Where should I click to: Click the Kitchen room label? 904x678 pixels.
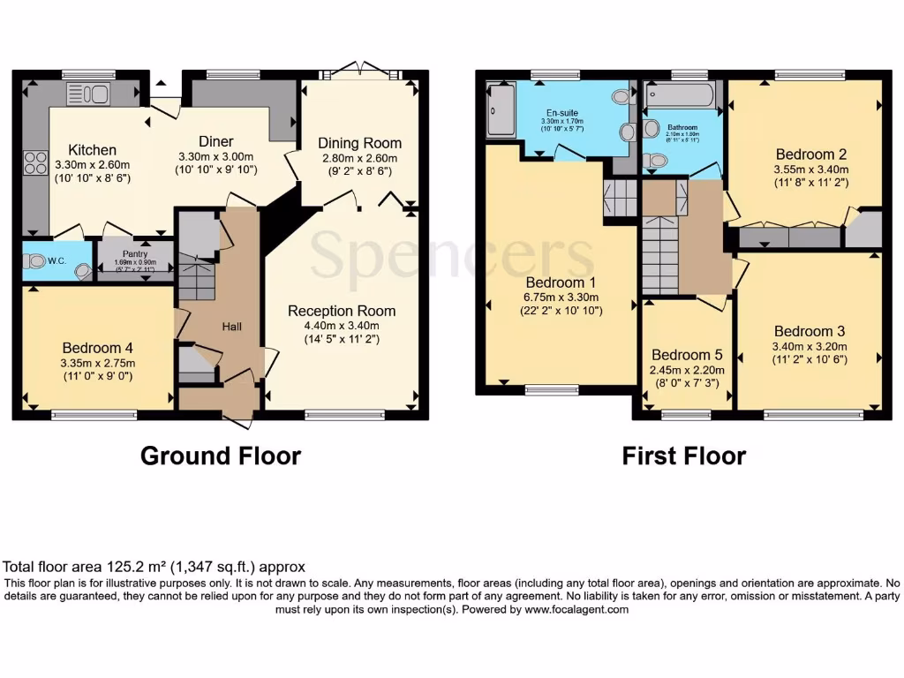[93, 150]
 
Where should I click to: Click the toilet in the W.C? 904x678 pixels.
[35, 261]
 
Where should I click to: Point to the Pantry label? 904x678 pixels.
[134, 252]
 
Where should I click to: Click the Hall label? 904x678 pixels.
[232, 327]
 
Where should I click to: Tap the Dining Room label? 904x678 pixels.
[359, 143]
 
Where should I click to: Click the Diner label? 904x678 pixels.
[216, 141]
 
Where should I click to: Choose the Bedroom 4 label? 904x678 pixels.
[98, 347]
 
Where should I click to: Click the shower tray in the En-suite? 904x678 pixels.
[501, 110]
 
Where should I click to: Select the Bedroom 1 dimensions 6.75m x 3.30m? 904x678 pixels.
[562, 298]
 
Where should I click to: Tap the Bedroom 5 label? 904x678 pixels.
[686, 356]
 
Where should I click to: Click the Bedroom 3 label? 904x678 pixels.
[810, 332]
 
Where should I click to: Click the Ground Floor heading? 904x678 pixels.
[221, 456]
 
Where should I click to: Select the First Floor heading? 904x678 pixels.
[683, 456]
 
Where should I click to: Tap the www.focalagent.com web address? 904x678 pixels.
[576, 609]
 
